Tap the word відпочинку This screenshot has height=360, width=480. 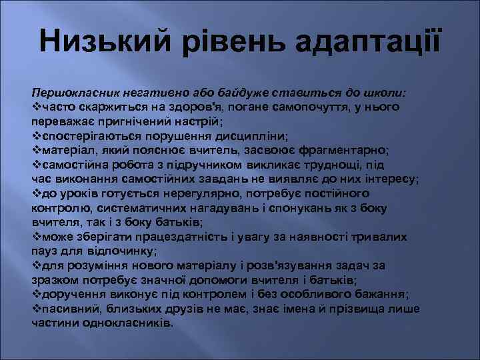tap(122, 251)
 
